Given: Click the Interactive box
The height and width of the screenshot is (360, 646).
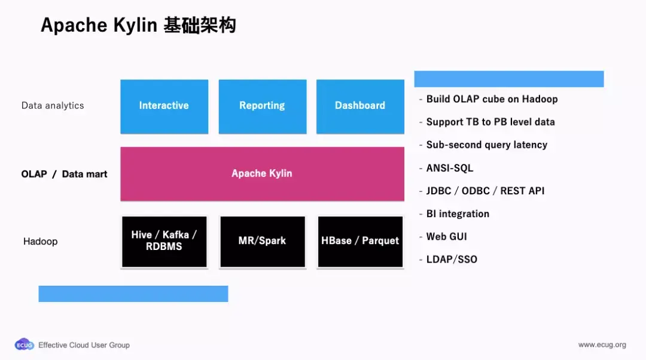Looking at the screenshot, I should pyautogui.click(x=164, y=106).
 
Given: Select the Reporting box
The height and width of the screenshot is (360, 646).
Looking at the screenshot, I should pyautogui.click(x=262, y=106).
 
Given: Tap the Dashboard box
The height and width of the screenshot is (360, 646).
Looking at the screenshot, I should pyautogui.click(x=360, y=106).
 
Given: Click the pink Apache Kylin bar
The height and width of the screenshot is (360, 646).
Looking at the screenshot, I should pyautogui.click(x=262, y=173).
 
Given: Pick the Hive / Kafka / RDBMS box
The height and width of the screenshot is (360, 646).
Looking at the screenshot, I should pyautogui.click(x=164, y=241).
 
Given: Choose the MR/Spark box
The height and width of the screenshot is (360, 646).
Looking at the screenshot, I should pyautogui.click(x=262, y=241).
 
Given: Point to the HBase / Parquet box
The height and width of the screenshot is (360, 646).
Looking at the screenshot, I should pyautogui.click(x=360, y=241).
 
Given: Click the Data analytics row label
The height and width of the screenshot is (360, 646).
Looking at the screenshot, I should pyautogui.click(x=53, y=106).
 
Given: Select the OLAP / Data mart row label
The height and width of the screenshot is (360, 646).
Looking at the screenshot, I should pyautogui.click(x=65, y=174).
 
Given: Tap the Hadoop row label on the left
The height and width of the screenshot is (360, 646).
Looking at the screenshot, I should pyautogui.click(x=40, y=242).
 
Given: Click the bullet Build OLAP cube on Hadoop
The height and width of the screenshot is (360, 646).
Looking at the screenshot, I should pyautogui.click(x=492, y=99).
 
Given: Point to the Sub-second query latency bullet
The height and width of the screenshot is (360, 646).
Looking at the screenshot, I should pyautogui.click(x=486, y=145).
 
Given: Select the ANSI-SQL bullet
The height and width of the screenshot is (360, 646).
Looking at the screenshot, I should pyautogui.click(x=449, y=168).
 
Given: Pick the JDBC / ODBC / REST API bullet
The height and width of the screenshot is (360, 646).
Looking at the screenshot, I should pyautogui.click(x=485, y=191).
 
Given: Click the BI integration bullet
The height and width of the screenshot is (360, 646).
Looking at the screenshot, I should pyautogui.click(x=458, y=214).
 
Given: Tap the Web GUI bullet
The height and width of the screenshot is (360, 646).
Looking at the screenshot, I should pyautogui.click(x=446, y=237).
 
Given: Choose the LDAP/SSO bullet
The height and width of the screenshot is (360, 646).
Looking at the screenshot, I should pyautogui.click(x=452, y=260).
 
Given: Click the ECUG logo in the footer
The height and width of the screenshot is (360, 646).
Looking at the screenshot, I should pyautogui.click(x=25, y=345).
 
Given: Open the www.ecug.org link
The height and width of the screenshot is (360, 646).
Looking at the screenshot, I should pyautogui.click(x=602, y=345).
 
